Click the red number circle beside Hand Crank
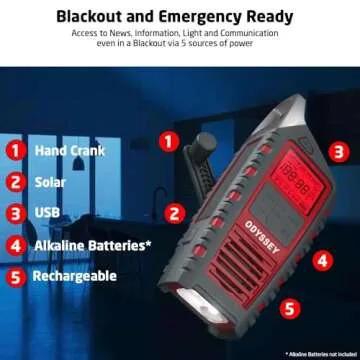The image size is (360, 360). pos(16,152)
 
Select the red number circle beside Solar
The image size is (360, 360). pos(16,182)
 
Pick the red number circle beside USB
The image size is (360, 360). pos(16,213)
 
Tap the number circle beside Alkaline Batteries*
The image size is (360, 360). pos(16,244)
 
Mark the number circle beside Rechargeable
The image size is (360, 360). pos(16,275)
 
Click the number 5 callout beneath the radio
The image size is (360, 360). pos(287,311)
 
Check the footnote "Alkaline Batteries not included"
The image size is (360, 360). pos(318,353)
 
